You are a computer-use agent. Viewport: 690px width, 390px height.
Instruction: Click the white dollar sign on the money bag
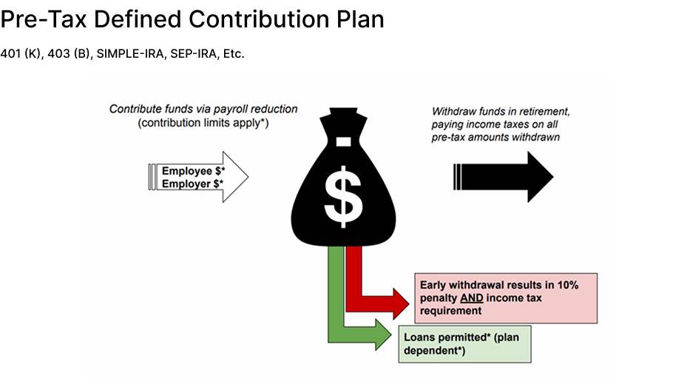342,194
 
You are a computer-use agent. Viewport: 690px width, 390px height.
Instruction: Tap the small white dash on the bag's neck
342,141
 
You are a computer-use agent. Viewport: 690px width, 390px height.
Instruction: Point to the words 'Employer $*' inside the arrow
192,184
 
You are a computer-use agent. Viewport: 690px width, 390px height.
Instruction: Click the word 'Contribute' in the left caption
135,109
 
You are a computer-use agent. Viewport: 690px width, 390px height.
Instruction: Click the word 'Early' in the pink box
434,285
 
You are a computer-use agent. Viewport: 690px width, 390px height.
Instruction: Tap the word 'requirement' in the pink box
450,312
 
